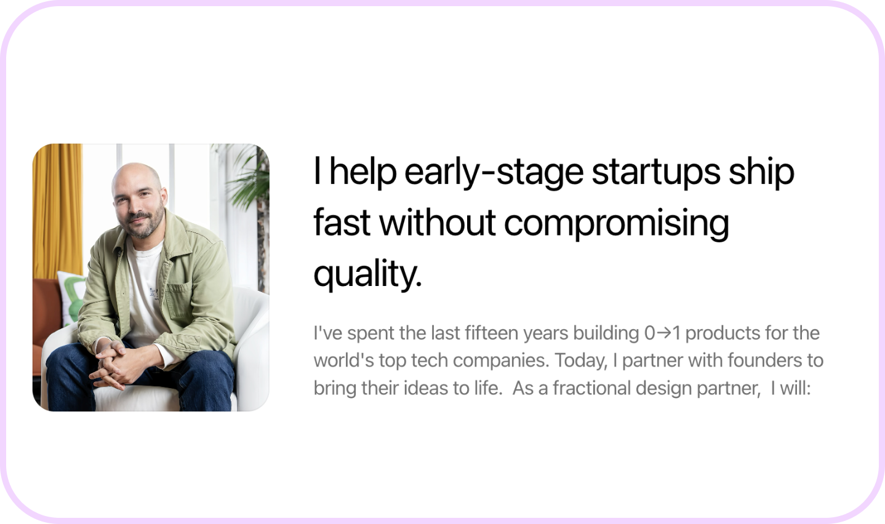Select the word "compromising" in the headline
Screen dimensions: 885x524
(x=616, y=223)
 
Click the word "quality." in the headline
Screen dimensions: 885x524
(x=368, y=274)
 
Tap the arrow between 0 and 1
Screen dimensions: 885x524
(x=664, y=333)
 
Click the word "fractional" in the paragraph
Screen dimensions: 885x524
(x=592, y=387)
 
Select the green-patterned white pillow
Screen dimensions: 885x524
(x=71, y=296)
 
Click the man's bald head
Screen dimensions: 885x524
(x=136, y=176)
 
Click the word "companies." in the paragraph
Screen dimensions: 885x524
(x=500, y=361)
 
